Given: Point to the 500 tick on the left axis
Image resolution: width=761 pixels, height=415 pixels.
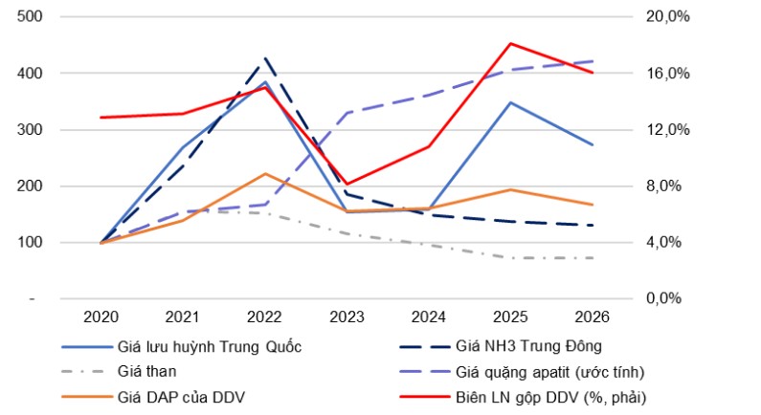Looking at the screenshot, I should click(x=31, y=17).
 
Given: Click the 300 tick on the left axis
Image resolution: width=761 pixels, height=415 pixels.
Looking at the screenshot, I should click(x=31, y=130).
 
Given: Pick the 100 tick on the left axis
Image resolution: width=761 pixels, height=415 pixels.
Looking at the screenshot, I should click(x=31, y=243).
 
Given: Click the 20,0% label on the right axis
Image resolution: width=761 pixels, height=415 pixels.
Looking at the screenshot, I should click(x=659, y=17).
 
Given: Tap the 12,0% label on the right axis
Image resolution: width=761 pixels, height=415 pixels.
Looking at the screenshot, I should click(x=659, y=130).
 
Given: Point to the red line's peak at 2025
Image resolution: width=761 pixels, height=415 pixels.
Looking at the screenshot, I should click(x=511, y=43).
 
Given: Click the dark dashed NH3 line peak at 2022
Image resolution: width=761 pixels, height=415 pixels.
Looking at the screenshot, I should click(x=264, y=59).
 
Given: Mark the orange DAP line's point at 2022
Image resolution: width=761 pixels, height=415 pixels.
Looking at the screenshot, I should click(x=264, y=174).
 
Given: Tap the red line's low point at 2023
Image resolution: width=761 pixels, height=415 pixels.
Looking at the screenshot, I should click(x=347, y=184).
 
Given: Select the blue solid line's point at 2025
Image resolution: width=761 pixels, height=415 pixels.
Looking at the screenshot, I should click(x=511, y=102).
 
